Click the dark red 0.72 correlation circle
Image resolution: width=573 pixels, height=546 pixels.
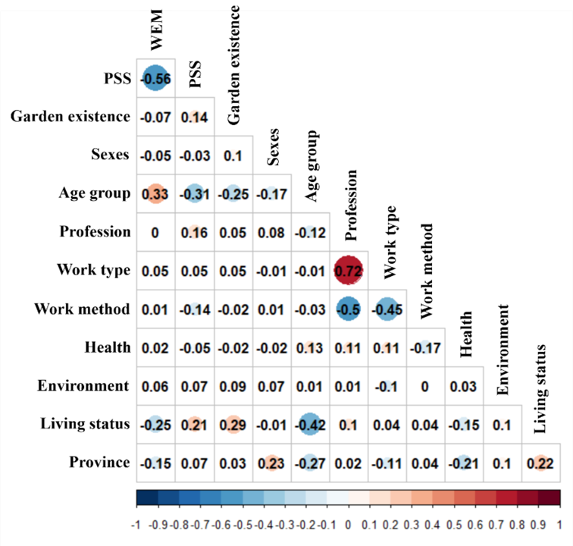pos(348,270)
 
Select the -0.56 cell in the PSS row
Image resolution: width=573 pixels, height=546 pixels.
pos(155,77)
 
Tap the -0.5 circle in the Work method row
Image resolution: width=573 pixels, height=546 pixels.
pos(348,309)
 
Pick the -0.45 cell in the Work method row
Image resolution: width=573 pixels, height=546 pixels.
pos(387,309)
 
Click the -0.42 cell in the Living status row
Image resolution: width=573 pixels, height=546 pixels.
pos(309,424)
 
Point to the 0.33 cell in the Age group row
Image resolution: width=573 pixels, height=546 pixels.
pos(155,193)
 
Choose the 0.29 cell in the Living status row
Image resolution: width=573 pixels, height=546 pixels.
pos(232,424)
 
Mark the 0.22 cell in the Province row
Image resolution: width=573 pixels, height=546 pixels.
pos(541,463)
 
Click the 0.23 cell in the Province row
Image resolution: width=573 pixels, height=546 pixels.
pos(271,463)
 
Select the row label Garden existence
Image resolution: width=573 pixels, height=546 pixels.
pos(70,116)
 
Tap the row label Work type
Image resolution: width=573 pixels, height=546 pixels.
pos(93,270)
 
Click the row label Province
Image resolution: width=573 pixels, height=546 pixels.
pos(99,463)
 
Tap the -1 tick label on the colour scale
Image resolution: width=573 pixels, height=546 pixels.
pos(137,524)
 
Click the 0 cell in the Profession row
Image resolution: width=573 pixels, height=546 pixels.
pos(155,231)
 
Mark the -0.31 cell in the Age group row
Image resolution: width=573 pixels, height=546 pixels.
pos(193,193)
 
